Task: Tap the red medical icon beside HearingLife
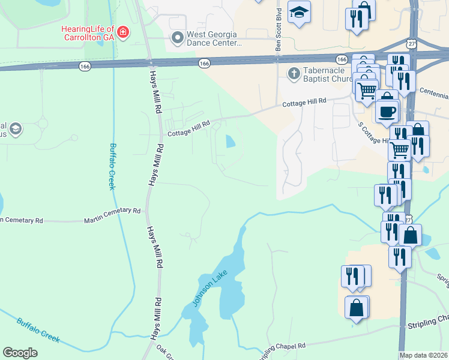[122, 32]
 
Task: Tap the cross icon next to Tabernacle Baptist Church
[294, 73]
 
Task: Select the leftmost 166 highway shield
[85, 67]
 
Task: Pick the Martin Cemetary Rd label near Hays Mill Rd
[112, 212]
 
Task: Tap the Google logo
[20, 353]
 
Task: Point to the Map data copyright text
[424, 355]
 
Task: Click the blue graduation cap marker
[298, 13]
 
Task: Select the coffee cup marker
[387, 110]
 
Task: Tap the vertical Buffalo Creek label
[112, 166]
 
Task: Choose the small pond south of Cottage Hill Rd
[230, 142]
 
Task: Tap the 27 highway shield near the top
[411, 44]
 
